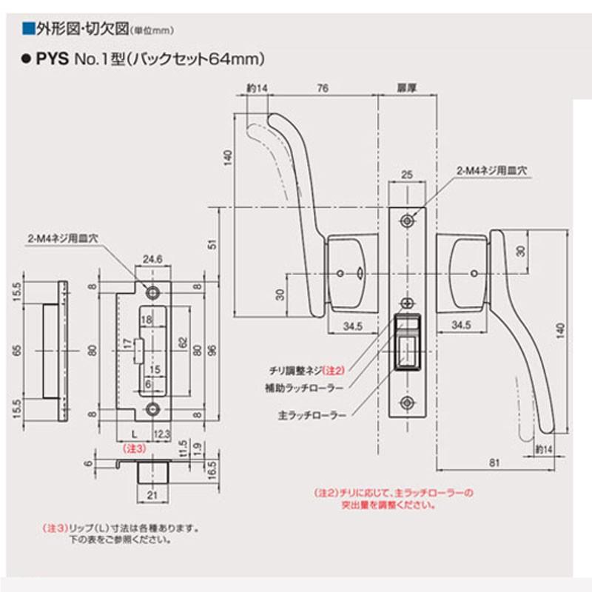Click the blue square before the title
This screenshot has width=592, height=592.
point(29,30)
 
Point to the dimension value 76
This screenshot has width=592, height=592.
point(322,88)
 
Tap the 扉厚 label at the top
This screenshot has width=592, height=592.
point(405,88)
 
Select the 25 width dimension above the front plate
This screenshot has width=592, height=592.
point(405,174)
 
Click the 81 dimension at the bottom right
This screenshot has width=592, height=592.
point(493,462)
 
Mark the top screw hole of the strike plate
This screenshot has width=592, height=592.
point(153,291)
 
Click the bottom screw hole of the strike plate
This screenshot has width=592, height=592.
point(153,408)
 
